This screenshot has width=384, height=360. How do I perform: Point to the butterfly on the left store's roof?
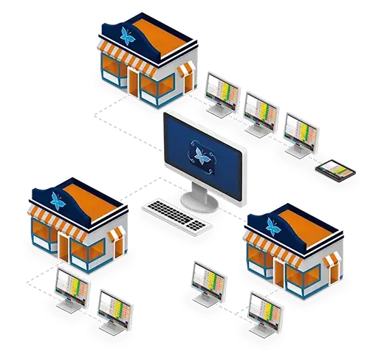pos(57,198)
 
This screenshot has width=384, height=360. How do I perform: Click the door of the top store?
pos(139,83)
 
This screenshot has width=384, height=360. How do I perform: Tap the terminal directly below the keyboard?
pos(208,278)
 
